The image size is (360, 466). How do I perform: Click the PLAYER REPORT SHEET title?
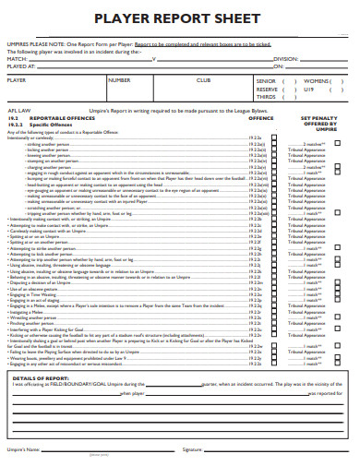coord(179,19)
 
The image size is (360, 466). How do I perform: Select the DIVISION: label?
coord(285,58)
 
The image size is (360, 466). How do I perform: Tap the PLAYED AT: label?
coord(21,66)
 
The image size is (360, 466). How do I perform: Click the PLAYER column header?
coord(17,80)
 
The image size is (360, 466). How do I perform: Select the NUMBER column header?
coord(120,80)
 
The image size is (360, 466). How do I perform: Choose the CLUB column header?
coord(203,80)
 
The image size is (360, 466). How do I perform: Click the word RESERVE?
coord(269,89)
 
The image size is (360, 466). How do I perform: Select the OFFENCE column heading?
coord(261,119)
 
